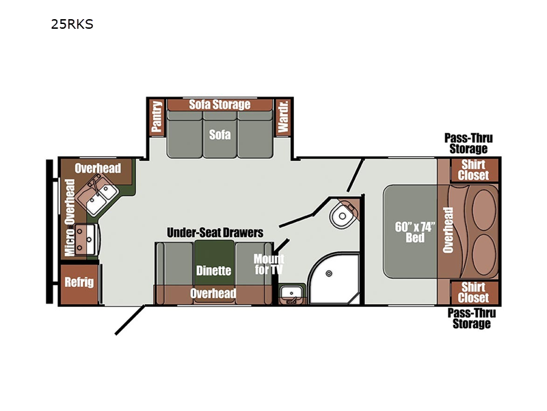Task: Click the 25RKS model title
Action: (72, 24)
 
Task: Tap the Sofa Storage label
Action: (219, 105)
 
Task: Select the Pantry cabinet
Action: (157, 116)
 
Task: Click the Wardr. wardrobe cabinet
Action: (283, 116)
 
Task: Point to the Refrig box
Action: (79, 284)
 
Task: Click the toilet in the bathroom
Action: (341, 215)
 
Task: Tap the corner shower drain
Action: (329, 273)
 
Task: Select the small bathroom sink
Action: (291, 293)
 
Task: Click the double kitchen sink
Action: (98, 195)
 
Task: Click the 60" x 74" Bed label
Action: (415, 232)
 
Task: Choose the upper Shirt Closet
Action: (474, 170)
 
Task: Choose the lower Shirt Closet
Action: (474, 292)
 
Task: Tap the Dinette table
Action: (214, 263)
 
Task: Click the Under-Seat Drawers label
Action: (215, 232)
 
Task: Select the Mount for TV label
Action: (269, 264)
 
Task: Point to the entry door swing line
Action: (130, 320)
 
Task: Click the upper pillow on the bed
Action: (484, 210)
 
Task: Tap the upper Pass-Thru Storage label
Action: (468, 143)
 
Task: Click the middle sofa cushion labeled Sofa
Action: (219, 134)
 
